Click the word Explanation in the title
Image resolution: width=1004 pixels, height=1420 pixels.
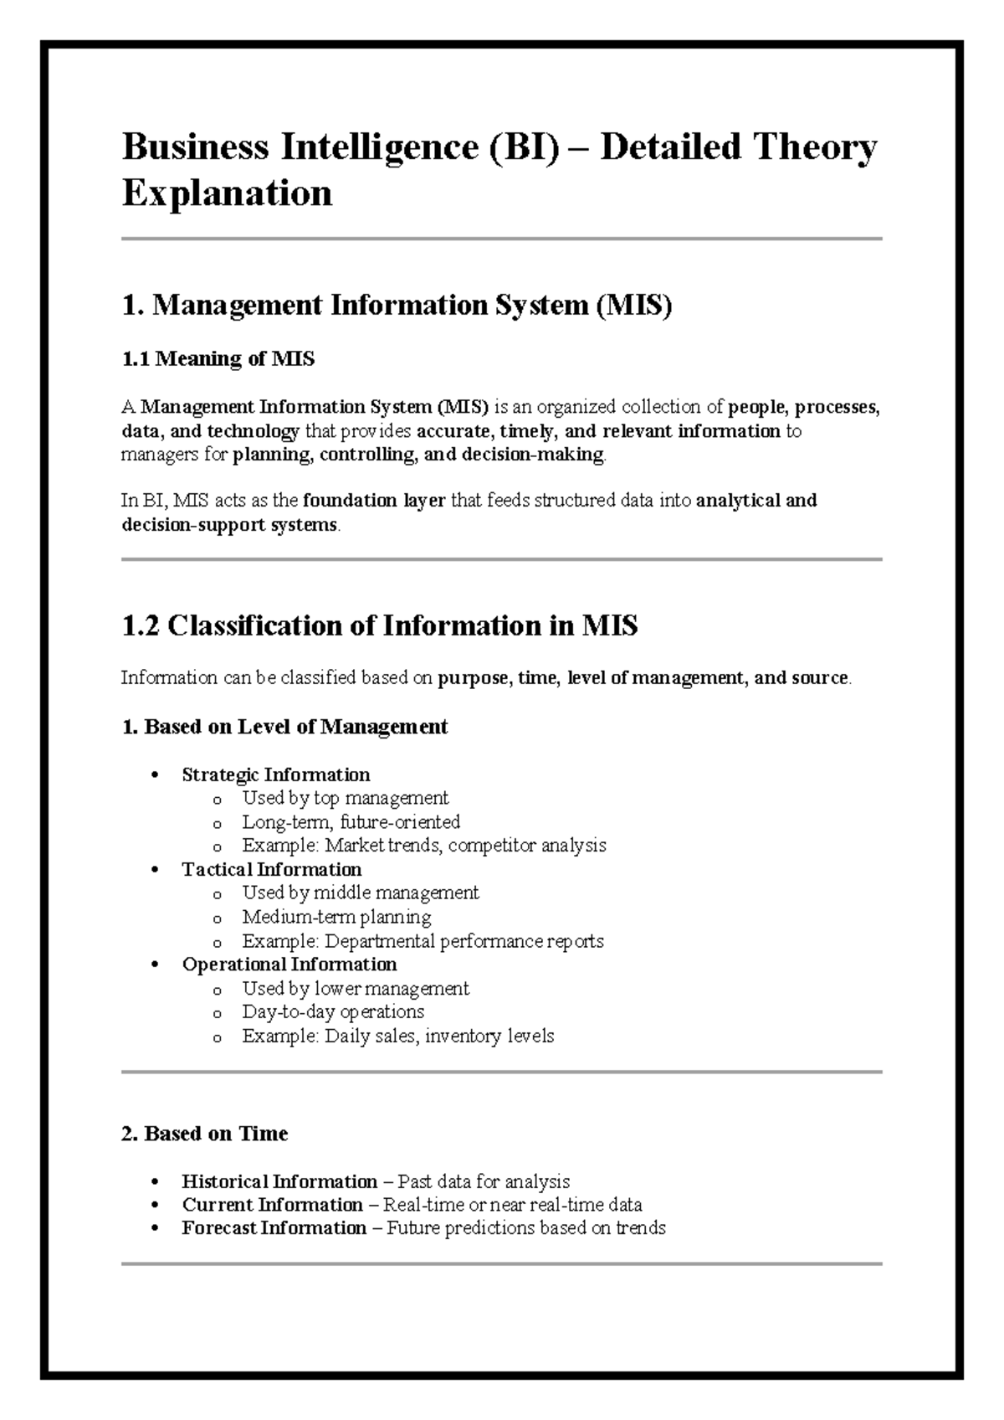[x=227, y=193]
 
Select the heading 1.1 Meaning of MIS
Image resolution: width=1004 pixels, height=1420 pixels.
[x=218, y=359]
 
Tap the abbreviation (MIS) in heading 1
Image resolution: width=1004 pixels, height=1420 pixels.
[x=633, y=306]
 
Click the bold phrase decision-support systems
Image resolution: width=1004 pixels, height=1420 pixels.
[x=229, y=526]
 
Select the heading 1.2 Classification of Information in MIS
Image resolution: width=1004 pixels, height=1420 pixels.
[x=379, y=625]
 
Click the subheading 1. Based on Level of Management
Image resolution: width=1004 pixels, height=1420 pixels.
[x=284, y=726]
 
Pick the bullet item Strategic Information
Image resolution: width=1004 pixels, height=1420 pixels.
[x=275, y=774]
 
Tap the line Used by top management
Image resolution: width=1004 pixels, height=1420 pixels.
[x=345, y=798]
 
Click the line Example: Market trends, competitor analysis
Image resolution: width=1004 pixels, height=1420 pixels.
[x=423, y=846]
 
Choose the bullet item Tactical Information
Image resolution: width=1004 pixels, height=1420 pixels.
[x=271, y=869]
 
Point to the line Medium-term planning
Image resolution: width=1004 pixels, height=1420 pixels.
[x=336, y=917]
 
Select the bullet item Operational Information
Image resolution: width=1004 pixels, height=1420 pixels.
[x=289, y=965]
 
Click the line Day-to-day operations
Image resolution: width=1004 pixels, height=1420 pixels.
[x=332, y=1011]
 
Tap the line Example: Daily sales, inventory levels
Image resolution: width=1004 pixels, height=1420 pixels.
[x=397, y=1037]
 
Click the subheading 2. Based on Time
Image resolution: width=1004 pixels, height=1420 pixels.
[x=204, y=1134]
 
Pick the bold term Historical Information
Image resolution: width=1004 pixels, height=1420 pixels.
[x=279, y=1181]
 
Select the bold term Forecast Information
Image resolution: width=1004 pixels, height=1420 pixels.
[x=274, y=1228]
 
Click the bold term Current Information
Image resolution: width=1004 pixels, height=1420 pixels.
[x=272, y=1205]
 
